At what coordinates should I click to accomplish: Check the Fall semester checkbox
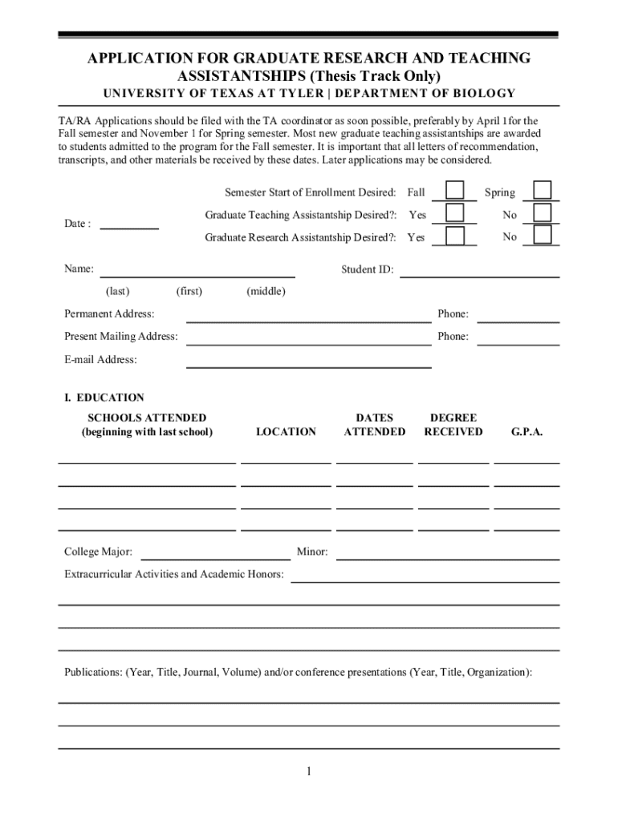[455, 191]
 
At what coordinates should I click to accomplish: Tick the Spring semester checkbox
[543, 191]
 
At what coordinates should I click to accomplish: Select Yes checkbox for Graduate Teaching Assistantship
[455, 213]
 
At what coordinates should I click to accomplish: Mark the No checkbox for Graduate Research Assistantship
[543, 235]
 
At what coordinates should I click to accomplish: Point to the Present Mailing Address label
[121, 337]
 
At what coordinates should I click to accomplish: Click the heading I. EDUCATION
[104, 398]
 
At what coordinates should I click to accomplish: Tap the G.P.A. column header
[527, 432]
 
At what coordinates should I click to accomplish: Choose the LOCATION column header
[286, 432]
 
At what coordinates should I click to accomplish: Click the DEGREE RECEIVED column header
[453, 425]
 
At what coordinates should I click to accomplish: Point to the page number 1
[308, 772]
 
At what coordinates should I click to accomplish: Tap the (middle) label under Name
[266, 292]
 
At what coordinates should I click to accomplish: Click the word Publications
[92, 672]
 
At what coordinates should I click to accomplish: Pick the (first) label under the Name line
[189, 292]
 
